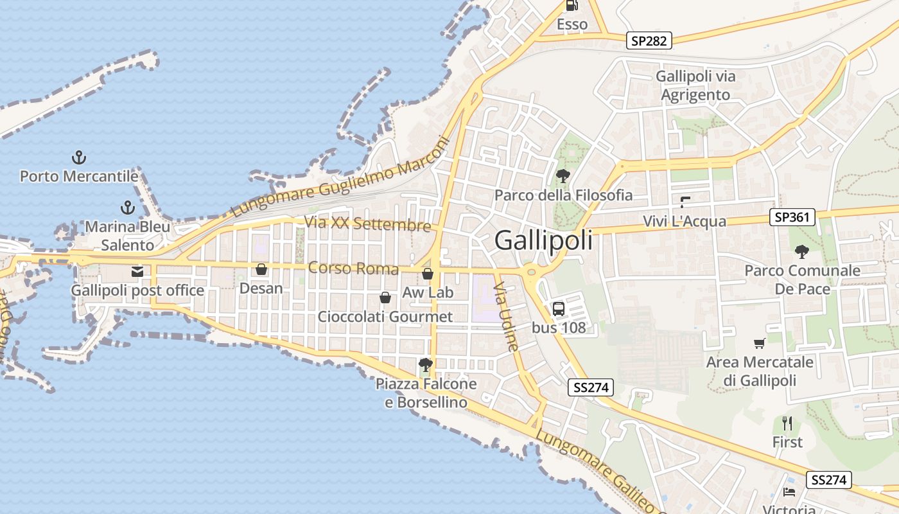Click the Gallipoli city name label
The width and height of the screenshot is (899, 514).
click(x=543, y=240)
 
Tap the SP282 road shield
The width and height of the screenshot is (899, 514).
click(x=649, y=41)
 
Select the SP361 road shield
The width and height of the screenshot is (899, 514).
click(x=792, y=217)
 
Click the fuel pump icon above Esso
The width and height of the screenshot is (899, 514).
click(x=572, y=6)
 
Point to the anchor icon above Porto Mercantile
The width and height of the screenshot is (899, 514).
click(x=79, y=157)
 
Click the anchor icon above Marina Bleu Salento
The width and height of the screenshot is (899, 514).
click(x=128, y=208)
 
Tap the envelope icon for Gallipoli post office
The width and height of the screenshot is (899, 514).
click(x=137, y=272)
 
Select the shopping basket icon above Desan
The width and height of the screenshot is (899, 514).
click(x=261, y=269)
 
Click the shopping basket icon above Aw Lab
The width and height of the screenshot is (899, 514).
click(x=428, y=274)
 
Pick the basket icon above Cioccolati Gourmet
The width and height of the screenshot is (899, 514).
click(x=385, y=297)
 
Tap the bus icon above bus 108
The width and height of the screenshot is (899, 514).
click(x=559, y=308)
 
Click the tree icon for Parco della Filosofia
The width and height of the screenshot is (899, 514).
click(x=563, y=175)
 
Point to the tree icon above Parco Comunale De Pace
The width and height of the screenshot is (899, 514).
click(x=802, y=251)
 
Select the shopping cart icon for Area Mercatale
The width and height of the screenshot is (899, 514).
click(x=760, y=344)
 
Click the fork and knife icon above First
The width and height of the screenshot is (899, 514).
click(x=787, y=423)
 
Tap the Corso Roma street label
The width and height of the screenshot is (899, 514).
click(x=353, y=268)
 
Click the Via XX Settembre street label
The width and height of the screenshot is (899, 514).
click(x=368, y=224)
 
